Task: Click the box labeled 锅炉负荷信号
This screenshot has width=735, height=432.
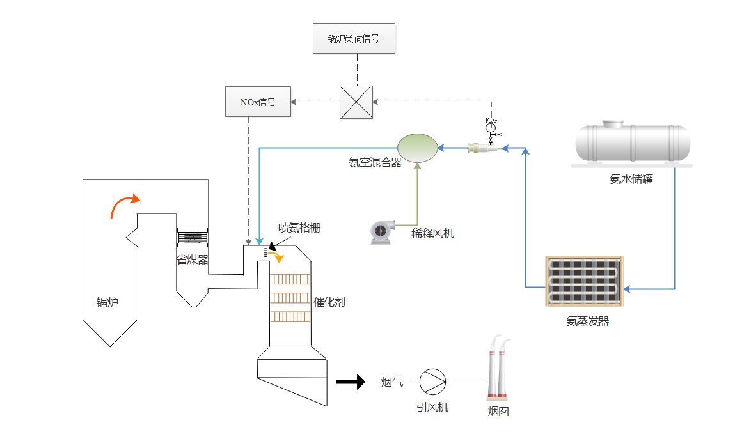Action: coord(354,38)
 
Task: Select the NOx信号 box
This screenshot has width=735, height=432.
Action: coord(258,102)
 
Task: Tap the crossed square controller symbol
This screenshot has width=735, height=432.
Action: coord(356,102)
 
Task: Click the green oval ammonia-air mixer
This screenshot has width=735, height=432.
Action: coord(417,148)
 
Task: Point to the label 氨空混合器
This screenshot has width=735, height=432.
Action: coord(375,163)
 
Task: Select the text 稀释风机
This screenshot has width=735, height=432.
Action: coord(432,233)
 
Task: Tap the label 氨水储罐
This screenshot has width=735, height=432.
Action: coord(631,180)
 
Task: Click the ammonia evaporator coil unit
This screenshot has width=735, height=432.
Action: coord(583,281)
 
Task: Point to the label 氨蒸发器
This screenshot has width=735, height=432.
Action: coord(587,321)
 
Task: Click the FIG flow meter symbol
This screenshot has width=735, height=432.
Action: coord(491,127)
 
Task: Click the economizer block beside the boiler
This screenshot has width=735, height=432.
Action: coord(193,237)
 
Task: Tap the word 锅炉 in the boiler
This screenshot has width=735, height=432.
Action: coord(107,302)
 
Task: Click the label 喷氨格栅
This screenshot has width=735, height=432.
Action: coord(299,228)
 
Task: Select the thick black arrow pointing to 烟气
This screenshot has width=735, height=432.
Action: coord(349,382)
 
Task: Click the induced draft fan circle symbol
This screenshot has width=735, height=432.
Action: coord(432,382)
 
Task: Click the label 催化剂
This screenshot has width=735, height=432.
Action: coord(329,302)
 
